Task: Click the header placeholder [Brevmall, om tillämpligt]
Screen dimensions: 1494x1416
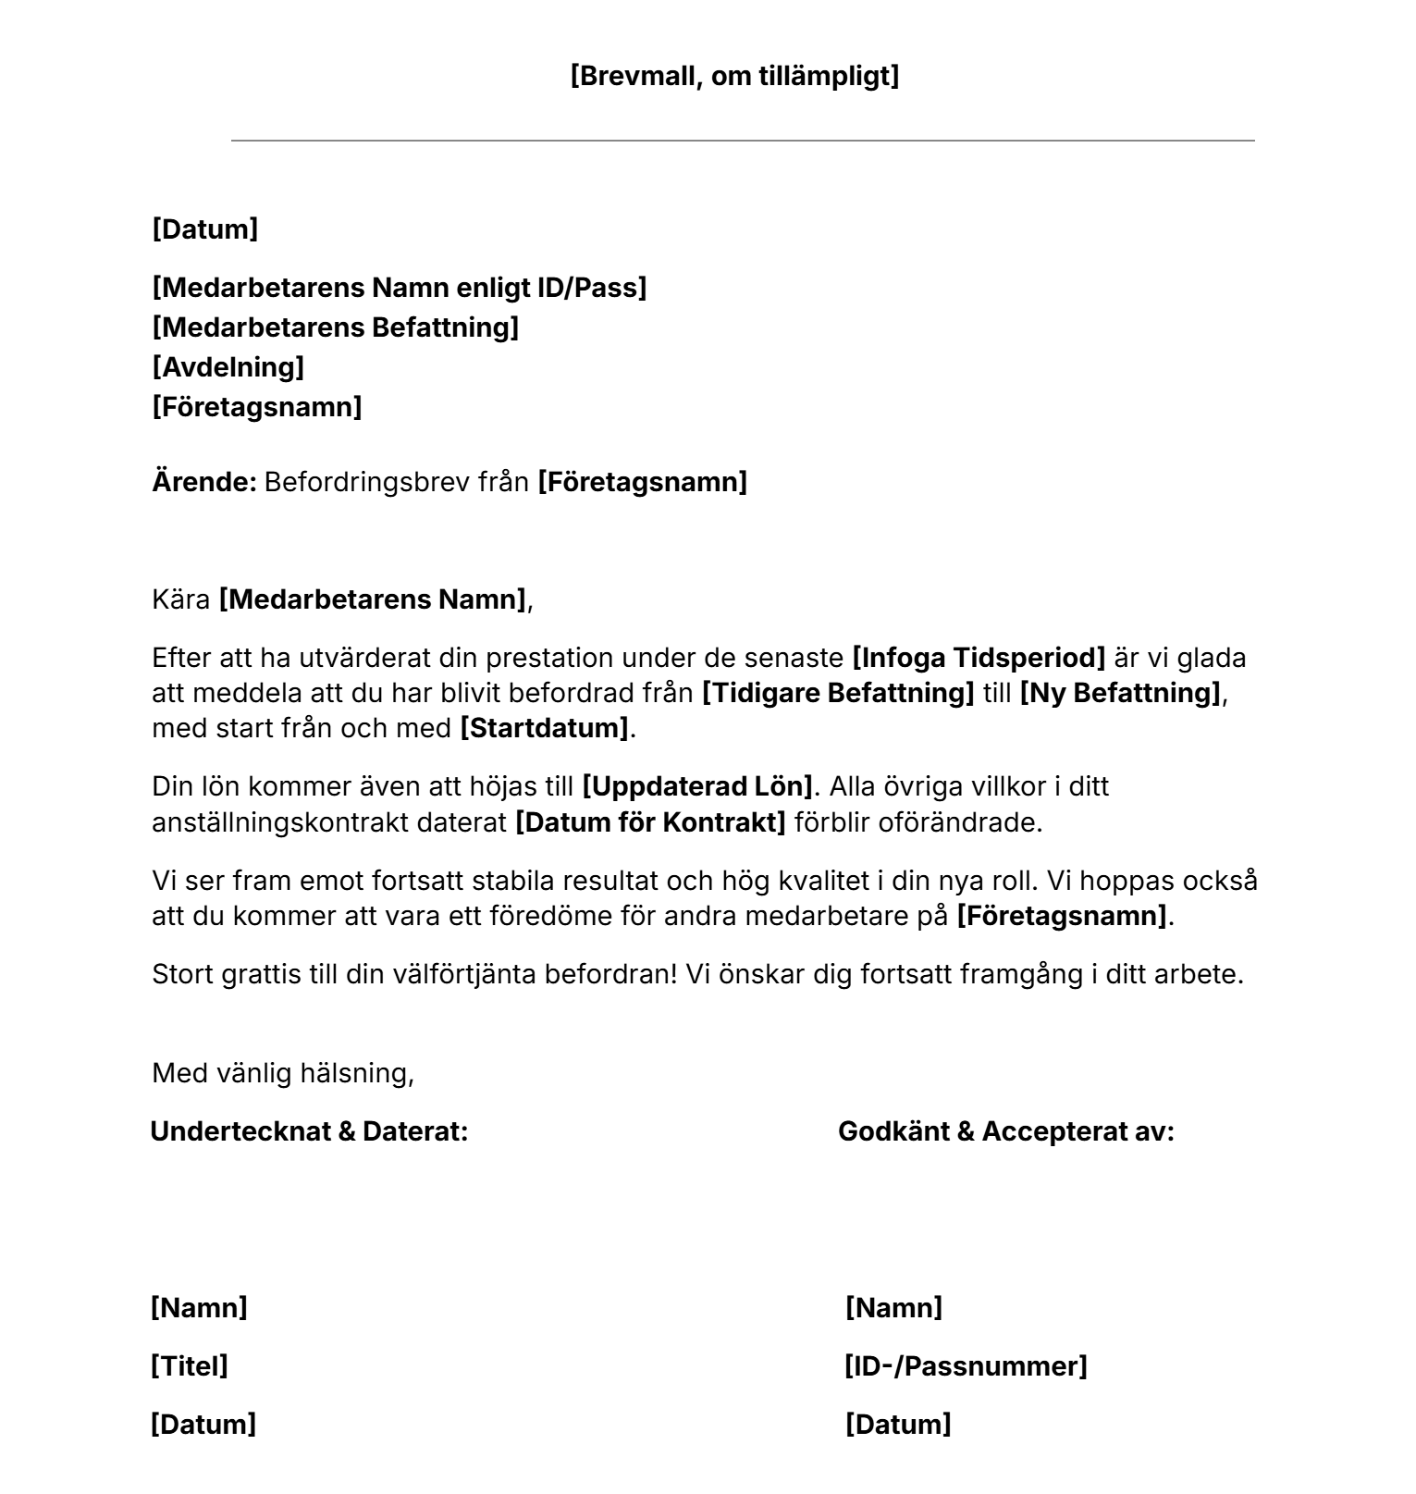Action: pos(734,76)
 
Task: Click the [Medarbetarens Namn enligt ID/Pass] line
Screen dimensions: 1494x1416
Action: pos(399,288)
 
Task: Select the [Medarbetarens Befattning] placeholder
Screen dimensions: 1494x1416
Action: pos(335,327)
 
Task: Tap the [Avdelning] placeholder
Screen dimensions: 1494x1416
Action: pos(228,367)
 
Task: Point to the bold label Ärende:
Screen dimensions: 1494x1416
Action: pos(203,482)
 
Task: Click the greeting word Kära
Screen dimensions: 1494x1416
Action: pos(181,599)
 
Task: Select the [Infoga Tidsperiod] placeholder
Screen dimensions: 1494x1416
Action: pos(979,658)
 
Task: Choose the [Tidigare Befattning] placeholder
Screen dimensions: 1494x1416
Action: pos(838,693)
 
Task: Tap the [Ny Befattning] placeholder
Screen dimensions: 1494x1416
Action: pos(1120,693)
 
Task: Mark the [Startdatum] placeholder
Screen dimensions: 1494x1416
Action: pos(545,728)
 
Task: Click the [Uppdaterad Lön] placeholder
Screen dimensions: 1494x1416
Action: pos(696,786)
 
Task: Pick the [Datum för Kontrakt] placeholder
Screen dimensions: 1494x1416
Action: pos(650,821)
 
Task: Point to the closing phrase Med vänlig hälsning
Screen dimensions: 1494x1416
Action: pos(282,1073)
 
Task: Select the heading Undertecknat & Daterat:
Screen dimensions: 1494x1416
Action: pos(309,1131)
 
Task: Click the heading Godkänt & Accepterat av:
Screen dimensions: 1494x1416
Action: pos(1005,1131)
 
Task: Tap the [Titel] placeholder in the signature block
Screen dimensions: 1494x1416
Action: pos(189,1366)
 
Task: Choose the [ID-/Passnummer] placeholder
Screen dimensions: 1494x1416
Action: pos(966,1366)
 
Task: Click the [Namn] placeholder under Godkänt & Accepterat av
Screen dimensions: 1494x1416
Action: pos(893,1308)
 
